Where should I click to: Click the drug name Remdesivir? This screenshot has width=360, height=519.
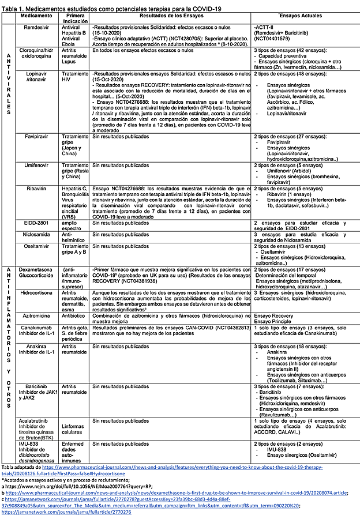34,27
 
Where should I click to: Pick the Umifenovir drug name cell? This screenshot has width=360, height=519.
34,165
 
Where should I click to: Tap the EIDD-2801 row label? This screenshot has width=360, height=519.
34,222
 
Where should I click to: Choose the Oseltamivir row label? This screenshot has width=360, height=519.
34,246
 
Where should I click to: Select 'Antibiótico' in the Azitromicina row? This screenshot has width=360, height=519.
74,315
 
